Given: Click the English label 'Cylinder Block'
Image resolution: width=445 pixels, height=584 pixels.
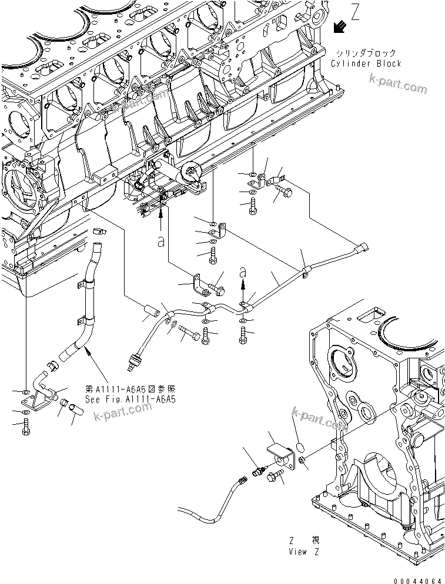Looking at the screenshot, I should tap(366, 63).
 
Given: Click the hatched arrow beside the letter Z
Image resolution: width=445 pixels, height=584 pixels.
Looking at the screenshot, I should tap(339, 26).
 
